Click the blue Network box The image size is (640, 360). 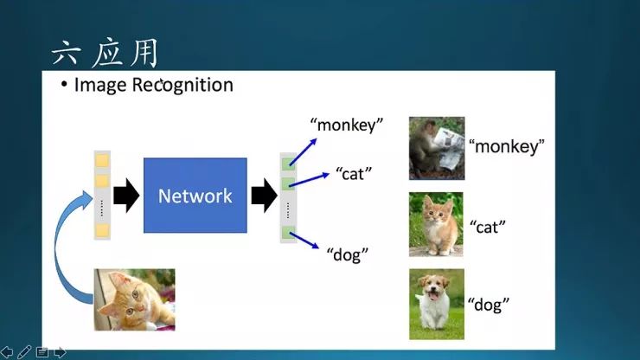click(195, 196)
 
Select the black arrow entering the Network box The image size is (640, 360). click(126, 196)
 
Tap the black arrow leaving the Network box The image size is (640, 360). click(263, 196)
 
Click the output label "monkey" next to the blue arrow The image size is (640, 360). click(349, 125)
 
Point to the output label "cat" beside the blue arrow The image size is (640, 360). click(353, 173)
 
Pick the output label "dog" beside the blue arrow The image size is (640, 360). click(348, 254)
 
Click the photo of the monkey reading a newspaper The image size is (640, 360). click(436, 148)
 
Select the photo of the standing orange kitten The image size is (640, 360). click(436, 224)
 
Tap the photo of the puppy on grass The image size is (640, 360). click(436, 303)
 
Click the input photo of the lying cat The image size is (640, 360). click(134, 299)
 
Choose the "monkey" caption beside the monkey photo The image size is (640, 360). click(507, 146)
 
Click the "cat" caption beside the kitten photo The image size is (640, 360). click(487, 227)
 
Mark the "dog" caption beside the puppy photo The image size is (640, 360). click(489, 304)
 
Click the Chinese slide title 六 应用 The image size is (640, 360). click(105, 54)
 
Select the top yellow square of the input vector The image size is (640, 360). click(102, 160)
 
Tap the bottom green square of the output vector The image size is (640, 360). click(288, 232)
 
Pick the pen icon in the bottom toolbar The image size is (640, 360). click(24, 351)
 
